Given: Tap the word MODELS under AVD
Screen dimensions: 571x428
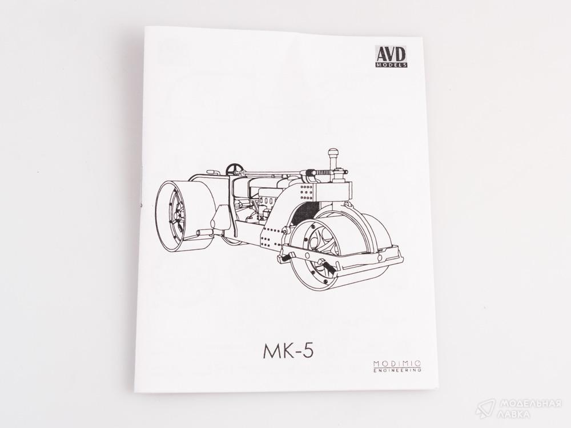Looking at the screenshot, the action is (x=391, y=65).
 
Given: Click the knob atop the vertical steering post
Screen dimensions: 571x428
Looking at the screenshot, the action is (x=333, y=152).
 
